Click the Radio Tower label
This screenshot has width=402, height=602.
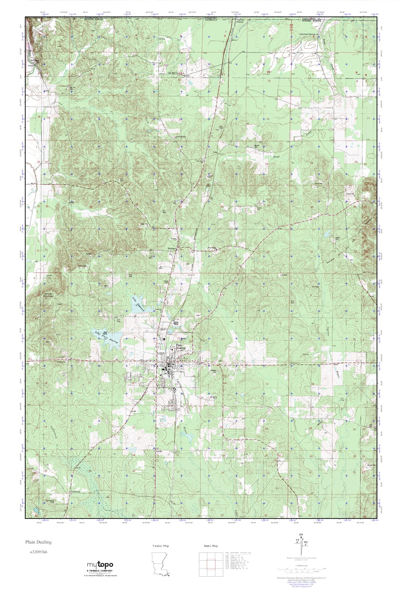[x=83, y=266]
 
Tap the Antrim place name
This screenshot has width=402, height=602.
[x=159, y=451]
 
